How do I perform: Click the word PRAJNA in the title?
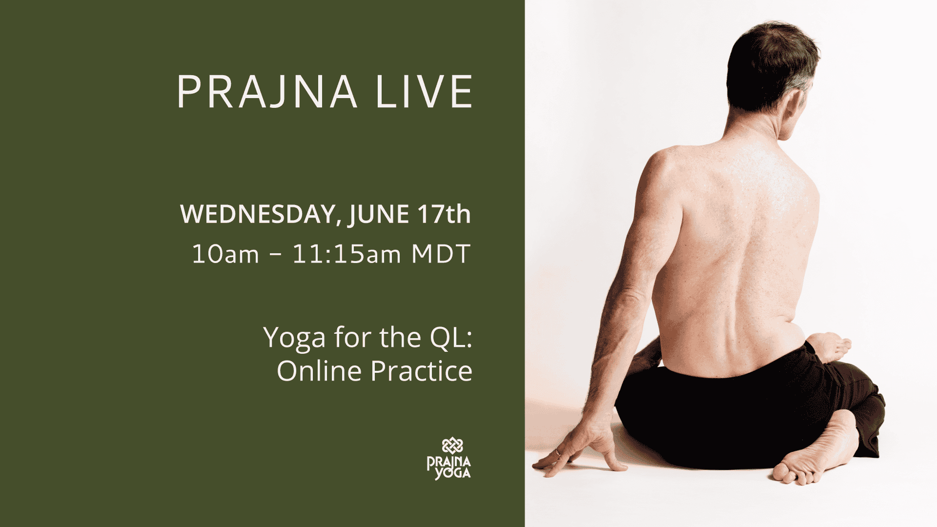click(x=267, y=92)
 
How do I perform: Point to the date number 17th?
click(x=444, y=214)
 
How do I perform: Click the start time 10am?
click(x=225, y=254)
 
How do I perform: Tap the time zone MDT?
click(x=441, y=254)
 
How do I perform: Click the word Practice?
click(x=422, y=371)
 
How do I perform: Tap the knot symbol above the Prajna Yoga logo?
click(x=452, y=446)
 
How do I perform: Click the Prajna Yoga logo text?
click(x=449, y=467)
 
